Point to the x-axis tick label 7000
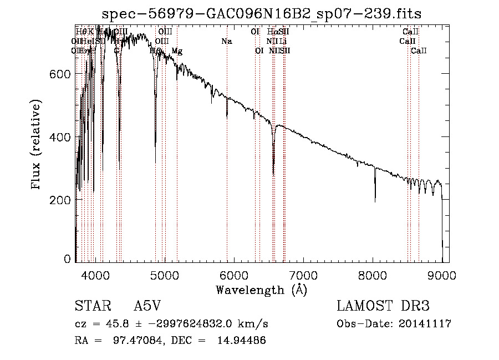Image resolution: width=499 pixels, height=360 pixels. coord(303,275)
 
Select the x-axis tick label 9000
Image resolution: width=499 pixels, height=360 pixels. coord(442,275)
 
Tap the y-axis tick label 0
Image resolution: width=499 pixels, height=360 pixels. coord(68,259)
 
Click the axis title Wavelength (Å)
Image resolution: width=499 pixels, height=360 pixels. coord(261,290)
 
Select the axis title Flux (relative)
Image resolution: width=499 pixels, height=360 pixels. coord(37,145)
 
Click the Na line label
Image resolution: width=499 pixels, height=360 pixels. coord(226,42)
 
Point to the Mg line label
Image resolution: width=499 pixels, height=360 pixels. coord(177,51)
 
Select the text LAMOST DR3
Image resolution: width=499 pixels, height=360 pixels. coord(383,307)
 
